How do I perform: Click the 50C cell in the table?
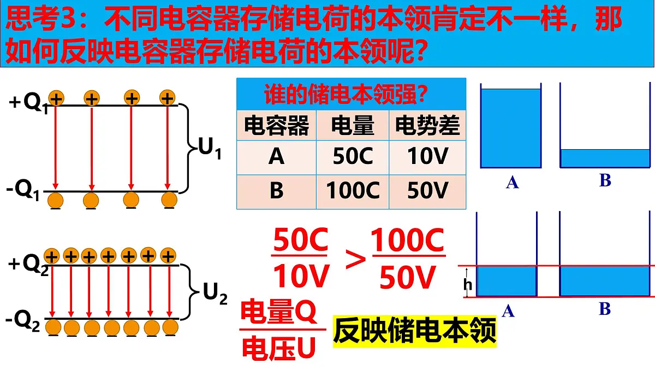tap(353, 157)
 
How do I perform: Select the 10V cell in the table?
tap(427, 157)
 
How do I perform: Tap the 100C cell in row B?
tap(353, 191)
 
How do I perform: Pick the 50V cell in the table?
tap(427, 191)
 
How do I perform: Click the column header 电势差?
tap(427, 125)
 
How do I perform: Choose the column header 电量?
tap(353, 125)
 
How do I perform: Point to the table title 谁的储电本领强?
tap(346, 93)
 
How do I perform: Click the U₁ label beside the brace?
tap(210, 148)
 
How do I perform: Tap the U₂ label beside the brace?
tap(215, 294)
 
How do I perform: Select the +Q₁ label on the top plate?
tap(28, 103)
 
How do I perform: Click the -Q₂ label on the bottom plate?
tap(22, 321)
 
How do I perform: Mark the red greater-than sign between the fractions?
tap(355, 259)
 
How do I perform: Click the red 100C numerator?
tap(407, 240)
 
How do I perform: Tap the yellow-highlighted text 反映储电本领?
tap(415, 331)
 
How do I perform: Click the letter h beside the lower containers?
tap(468, 284)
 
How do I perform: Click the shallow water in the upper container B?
tap(605, 159)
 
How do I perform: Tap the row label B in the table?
tap(276, 191)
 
